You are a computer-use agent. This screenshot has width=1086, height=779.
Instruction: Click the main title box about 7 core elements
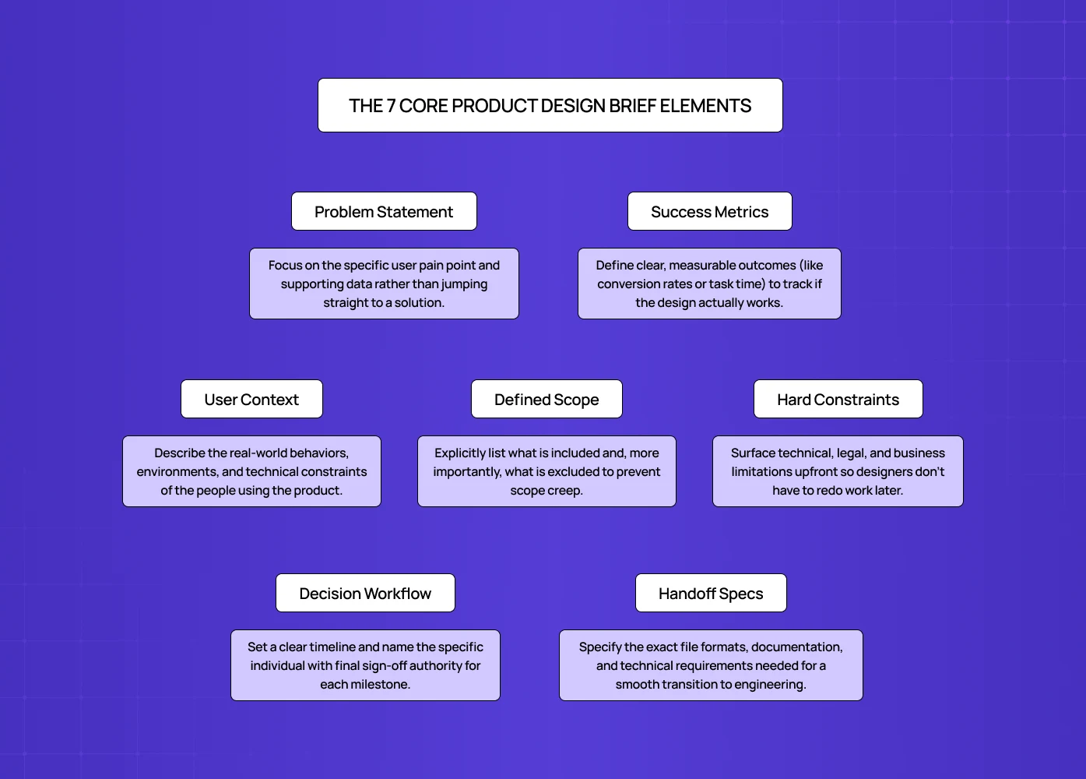(550, 105)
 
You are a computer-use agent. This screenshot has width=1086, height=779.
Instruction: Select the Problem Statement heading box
(384, 211)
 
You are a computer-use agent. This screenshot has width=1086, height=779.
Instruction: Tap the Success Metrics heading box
(709, 211)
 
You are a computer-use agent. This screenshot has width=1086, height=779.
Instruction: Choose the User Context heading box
(251, 399)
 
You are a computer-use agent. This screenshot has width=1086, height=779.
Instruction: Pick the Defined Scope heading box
(547, 399)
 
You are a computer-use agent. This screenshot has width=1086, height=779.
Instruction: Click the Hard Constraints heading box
(838, 399)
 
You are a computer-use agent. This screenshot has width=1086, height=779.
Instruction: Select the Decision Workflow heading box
(365, 593)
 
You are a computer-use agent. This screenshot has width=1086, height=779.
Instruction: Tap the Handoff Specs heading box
(711, 593)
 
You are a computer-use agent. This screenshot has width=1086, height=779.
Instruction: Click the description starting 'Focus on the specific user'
(384, 284)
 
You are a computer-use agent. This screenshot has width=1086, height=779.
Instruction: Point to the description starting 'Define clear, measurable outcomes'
(709, 284)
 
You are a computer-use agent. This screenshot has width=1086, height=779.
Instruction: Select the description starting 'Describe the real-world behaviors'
(251, 471)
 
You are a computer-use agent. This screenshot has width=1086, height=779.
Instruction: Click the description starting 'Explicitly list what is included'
(547, 471)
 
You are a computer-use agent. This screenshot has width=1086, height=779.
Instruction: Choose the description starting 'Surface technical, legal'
(838, 471)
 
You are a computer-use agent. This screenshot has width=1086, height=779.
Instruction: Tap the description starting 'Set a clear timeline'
(365, 665)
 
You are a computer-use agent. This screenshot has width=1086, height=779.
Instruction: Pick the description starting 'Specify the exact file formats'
(711, 665)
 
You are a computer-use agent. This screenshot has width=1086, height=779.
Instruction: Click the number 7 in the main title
(391, 106)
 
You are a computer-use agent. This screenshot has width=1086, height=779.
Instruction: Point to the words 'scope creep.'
(547, 491)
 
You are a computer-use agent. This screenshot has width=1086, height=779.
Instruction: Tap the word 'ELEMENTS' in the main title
(705, 106)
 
